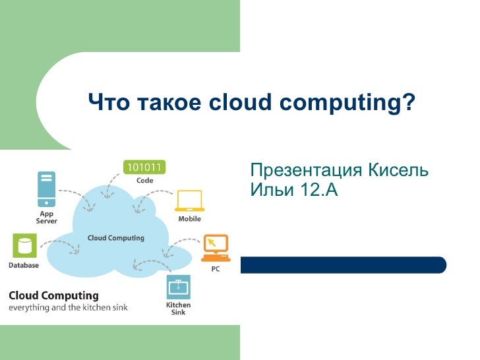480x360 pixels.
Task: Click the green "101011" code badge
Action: (145, 167)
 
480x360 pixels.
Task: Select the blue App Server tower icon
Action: (45, 188)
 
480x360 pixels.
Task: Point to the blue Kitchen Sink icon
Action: (178, 287)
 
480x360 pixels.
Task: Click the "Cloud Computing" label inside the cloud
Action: (116, 238)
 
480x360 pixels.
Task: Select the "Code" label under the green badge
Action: (145, 180)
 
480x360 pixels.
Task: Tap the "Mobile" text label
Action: (189, 219)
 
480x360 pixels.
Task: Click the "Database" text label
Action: (24, 265)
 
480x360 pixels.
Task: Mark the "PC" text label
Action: (215, 269)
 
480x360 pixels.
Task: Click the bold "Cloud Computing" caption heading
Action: (53, 295)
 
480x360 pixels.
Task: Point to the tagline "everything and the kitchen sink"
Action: (68, 308)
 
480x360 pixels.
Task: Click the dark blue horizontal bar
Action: (343, 265)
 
